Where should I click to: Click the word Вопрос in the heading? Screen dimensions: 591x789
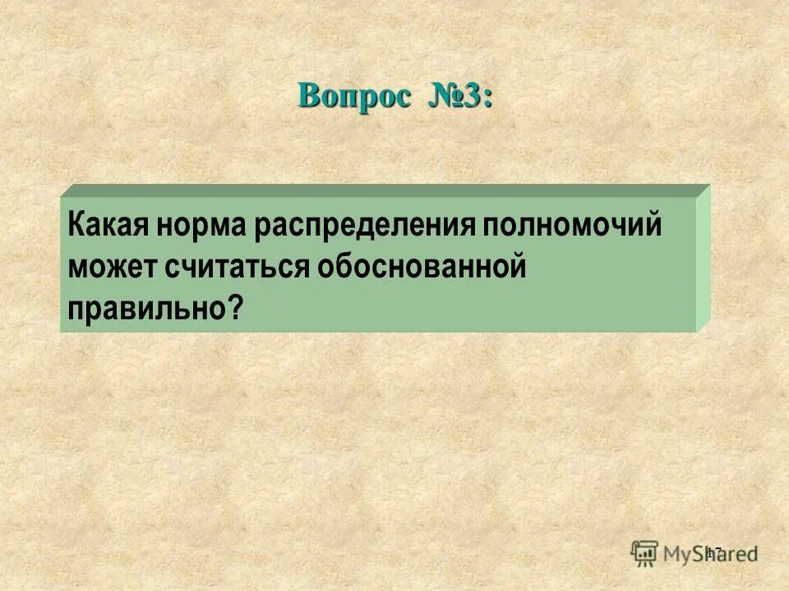pyautogui.click(x=353, y=96)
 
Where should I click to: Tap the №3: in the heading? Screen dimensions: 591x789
pyautogui.click(x=459, y=96)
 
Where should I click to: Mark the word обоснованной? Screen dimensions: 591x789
pyautogui.click(x=418, y=267)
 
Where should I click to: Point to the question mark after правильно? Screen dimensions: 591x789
pyautogui.click(x=237, y=308)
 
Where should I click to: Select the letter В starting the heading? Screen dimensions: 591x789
pyautogui.click(x=309, y=96)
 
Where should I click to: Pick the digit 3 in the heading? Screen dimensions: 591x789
pyautogui.click(x=473, y=96)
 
